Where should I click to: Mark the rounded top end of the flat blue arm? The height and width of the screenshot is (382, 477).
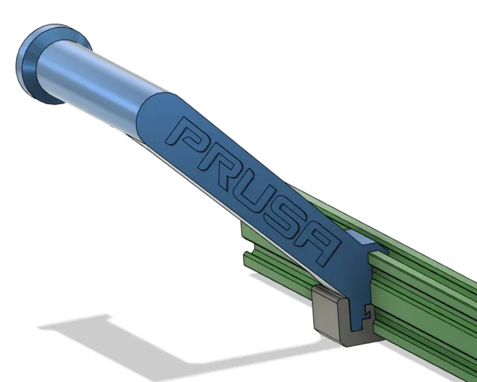point(153,113)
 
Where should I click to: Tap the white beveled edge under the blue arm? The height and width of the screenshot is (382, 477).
point(244,220)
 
